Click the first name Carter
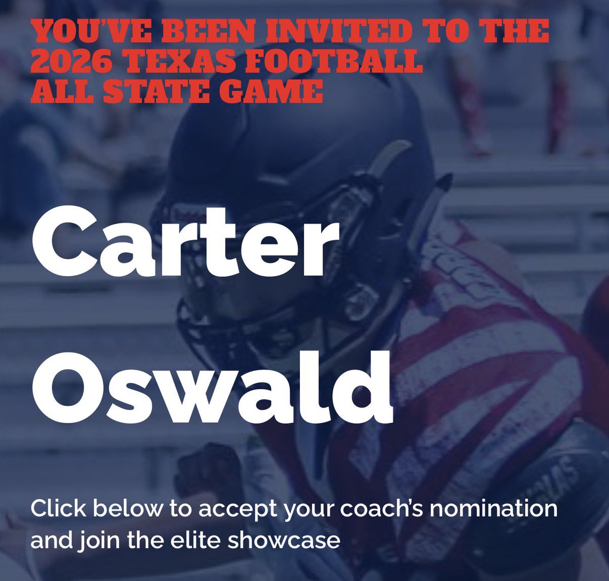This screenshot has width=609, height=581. tap(185, 248)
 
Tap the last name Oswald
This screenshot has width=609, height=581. tap(212, 386)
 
